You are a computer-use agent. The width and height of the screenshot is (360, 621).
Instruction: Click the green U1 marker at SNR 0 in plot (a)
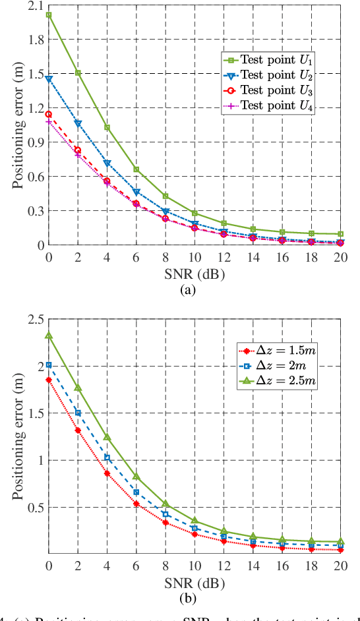tap(49, 15)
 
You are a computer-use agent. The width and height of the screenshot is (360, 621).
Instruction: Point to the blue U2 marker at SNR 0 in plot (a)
tap(49, 78)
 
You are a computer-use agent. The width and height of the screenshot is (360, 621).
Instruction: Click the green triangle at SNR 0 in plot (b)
tap(49, 336)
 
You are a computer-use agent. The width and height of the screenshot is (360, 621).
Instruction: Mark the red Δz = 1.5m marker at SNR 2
tap(78, 430)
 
